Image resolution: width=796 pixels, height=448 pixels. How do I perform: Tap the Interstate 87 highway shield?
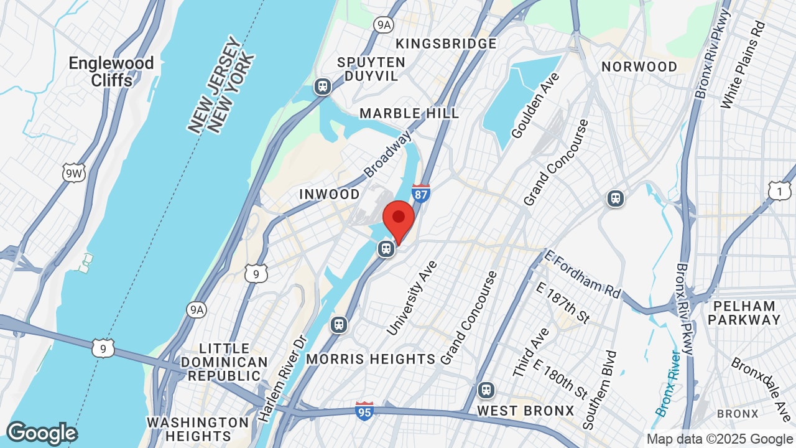(x=421, y=193)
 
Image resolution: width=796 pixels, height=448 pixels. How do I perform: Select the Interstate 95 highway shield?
(x=365, y=411)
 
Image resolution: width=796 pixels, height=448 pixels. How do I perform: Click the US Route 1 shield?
(x=779, y=191)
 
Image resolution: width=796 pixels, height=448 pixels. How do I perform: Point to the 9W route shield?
(x=73, y=172)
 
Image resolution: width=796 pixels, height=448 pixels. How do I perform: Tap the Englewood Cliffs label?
(x=111, y=72)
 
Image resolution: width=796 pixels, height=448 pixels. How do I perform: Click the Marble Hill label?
(x=409, y=113)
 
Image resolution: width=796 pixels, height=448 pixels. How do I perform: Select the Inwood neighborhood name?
(x=330, y=194)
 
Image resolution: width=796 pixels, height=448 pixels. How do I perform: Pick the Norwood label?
(x=639, y=67)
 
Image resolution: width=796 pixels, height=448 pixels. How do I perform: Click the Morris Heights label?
(x=371, y=359)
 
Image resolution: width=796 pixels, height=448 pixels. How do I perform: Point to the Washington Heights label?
(x=198, y=429)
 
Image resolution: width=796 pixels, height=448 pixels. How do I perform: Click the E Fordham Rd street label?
(x=582, y=274)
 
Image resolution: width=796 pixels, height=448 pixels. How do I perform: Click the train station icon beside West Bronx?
(x=486, y=391)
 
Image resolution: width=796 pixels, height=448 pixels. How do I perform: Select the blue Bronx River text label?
(x=667, y=383)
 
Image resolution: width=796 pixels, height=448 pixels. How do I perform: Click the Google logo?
(x=42, y=433)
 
